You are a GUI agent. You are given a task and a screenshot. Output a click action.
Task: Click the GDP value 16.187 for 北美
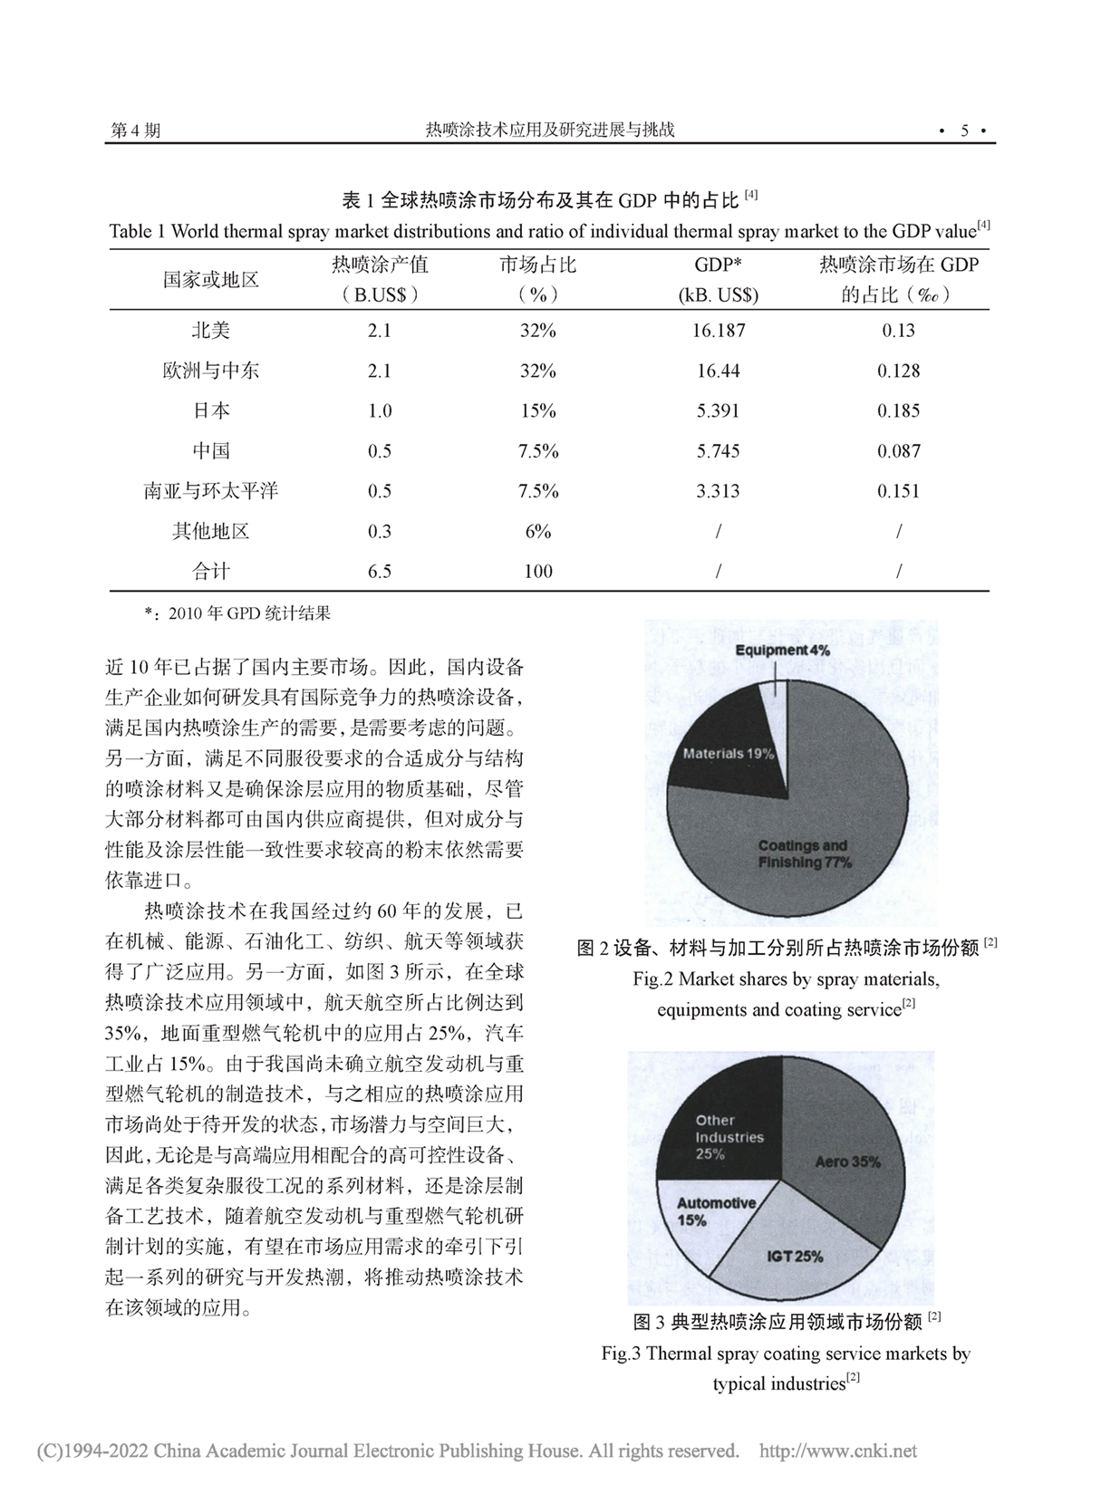tap(718, 331)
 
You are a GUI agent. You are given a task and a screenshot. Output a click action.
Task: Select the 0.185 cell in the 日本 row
tap(898, 410)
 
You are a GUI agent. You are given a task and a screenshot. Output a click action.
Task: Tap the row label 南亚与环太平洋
tap(211, 491)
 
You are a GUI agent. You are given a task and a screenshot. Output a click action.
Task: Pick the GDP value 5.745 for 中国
tap(718, 451)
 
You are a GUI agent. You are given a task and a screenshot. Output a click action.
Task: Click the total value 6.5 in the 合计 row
tap(380, 571)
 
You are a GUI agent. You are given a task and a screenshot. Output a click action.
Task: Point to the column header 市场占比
tap(538, 265)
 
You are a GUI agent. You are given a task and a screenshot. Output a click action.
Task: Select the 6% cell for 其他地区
tap(538, 531)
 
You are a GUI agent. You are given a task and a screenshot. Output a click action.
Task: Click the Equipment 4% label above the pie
tap(782, 651)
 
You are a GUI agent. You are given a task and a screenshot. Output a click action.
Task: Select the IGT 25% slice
tap(795, 1256)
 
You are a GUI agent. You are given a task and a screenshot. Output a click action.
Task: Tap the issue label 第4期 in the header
tap(135, 130)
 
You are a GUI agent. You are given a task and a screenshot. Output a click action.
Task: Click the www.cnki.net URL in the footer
tap(837, 1451)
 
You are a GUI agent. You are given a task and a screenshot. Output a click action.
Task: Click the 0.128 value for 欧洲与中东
tap(898, 371)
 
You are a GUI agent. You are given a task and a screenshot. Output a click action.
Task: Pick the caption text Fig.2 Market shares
tap(786, 979)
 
